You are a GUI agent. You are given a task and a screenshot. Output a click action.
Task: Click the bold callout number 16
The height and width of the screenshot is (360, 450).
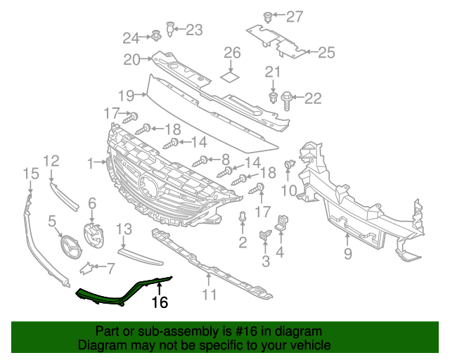(160, 302)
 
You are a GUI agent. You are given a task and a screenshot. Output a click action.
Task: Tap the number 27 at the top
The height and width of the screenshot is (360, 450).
(294, 16)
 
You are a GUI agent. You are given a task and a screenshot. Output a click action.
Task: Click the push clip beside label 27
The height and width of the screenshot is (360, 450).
(267, 15)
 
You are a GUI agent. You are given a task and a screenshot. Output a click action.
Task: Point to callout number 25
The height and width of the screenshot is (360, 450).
(326, 51)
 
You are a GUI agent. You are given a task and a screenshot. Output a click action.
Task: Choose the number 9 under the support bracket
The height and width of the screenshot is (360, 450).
(347, 254)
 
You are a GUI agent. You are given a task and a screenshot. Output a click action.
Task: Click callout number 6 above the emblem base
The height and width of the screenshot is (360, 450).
(91, 203)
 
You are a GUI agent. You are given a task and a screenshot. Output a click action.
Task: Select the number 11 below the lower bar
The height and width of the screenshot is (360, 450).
(209, 295)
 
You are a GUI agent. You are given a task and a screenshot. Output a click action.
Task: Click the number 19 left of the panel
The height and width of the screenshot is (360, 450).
(126, 96)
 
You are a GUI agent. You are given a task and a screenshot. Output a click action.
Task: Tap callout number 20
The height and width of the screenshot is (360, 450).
(132, 60)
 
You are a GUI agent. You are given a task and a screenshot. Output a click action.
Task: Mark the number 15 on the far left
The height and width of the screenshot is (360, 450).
(30, 173)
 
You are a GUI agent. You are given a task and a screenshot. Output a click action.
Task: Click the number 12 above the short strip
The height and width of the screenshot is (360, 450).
(51, 160)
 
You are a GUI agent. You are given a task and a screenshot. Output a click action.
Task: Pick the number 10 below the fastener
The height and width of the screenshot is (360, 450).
(289, 190)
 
